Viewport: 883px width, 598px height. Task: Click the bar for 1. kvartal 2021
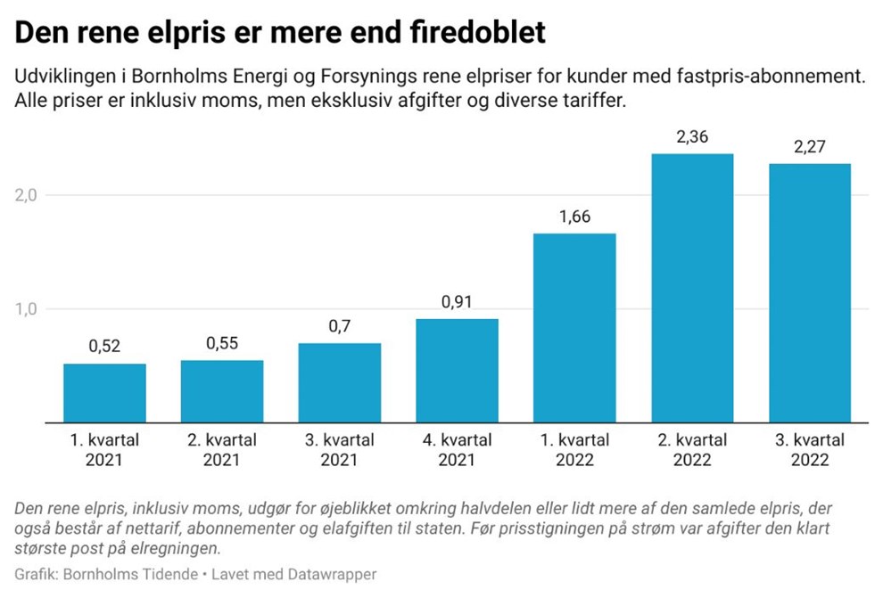click(104, 393)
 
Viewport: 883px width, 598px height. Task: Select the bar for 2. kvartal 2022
click(692, 288)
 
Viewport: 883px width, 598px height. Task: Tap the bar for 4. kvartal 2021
click(457, 371)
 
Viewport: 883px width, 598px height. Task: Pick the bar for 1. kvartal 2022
click(574, 328)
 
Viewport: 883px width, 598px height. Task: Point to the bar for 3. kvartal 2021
click(340, 382)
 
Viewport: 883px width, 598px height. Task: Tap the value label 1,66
click(574, 217)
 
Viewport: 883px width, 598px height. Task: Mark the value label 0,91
click(457, 302)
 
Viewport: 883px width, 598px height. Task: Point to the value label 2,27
click(810, 147)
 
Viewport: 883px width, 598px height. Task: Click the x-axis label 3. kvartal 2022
click(810, 450)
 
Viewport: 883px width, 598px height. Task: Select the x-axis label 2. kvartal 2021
click(222, 450)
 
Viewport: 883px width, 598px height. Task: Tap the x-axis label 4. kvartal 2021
click(457, 450)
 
